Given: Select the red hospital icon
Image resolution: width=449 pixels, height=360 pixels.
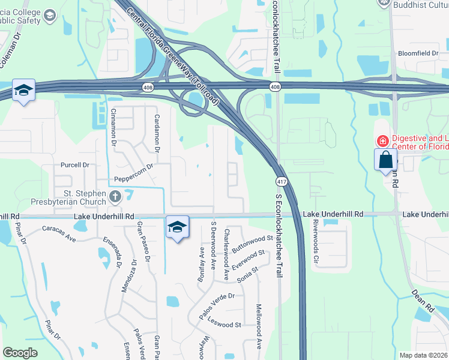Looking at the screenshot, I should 382,141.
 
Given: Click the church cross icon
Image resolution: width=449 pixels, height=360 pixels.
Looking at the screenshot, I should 115,196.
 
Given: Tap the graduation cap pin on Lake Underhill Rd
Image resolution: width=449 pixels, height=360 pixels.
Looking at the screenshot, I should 177,227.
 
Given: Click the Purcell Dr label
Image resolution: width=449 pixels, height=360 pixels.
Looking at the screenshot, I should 74,165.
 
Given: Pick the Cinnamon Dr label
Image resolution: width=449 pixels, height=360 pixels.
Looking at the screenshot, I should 112,127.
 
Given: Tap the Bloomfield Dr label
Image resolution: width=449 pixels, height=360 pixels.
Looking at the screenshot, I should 418,53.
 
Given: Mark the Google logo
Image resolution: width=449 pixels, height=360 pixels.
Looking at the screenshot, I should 20,353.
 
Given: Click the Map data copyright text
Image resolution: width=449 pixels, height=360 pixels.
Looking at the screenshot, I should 423,355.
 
